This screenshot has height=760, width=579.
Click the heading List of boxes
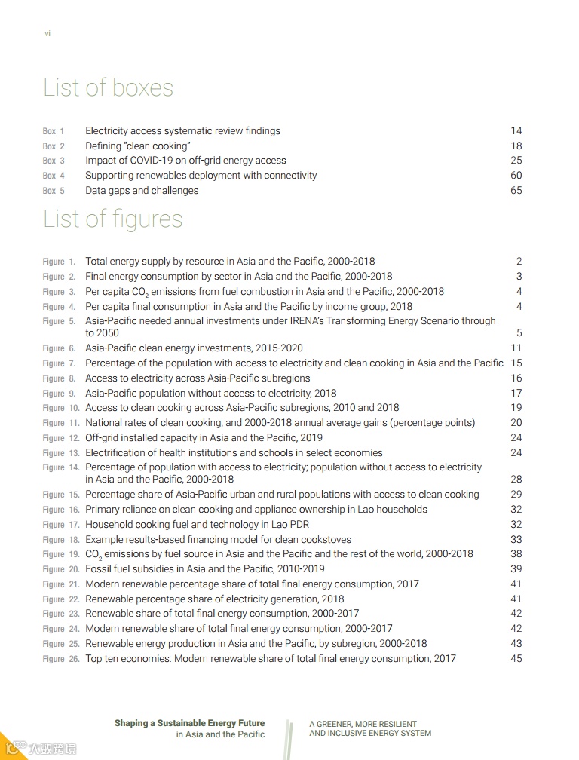click(x=108, y=88)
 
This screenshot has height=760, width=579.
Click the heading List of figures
click(x=112, y=219)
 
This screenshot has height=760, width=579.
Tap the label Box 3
click(x=54, y=161)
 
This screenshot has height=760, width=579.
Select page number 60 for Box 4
click(x=516, y=176)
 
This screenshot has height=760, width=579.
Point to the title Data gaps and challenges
click(x=142, y=191)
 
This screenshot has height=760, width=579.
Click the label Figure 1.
click(x=59, y=262)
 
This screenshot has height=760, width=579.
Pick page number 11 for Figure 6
click(x=516, y=348)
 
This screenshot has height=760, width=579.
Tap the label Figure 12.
click(x=60, y=438)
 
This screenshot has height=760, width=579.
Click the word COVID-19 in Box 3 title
click(x=155, y=161)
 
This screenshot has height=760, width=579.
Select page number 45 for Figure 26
click(x=516, y=659)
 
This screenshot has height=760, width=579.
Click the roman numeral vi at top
click(x=47, y=33)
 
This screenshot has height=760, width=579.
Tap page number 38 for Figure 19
click(x=516, y=554)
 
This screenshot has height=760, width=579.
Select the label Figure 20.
click(x=60, y=569)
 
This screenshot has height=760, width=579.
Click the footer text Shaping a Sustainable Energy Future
click(x=189, y=723)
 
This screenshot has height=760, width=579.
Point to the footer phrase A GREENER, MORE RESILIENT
click(x=363, y=724)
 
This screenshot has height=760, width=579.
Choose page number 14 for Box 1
click(x=516, y=131)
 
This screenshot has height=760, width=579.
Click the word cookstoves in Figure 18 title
click(x=326, y=540)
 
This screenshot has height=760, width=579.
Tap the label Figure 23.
click(x=60, y=614)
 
